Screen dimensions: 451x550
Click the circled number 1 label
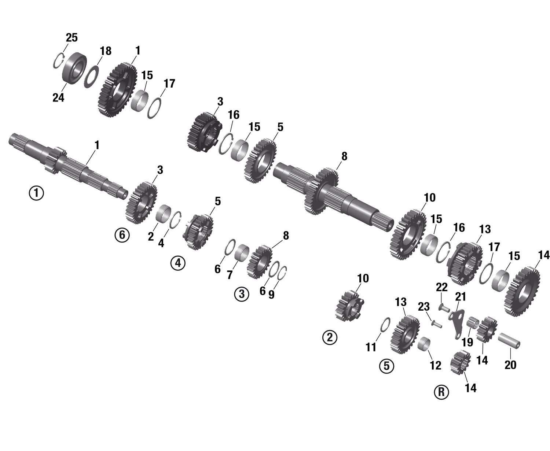coord(36,193)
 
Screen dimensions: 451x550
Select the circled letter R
coord(441,392)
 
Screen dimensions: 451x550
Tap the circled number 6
coord(122,234)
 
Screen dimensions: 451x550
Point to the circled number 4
coord(178,263)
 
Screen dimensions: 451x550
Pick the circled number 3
coord(242,294)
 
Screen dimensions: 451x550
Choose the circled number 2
coord(330,337)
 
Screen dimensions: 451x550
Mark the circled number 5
coord(386,366)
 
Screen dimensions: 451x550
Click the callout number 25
coord(71,37)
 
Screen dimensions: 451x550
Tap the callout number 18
coord(106,51)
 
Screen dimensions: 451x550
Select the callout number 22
coord(441,288)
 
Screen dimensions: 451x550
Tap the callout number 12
coord(435,365)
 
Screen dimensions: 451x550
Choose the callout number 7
coord(230,275)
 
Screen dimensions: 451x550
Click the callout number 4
coord(161,243)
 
